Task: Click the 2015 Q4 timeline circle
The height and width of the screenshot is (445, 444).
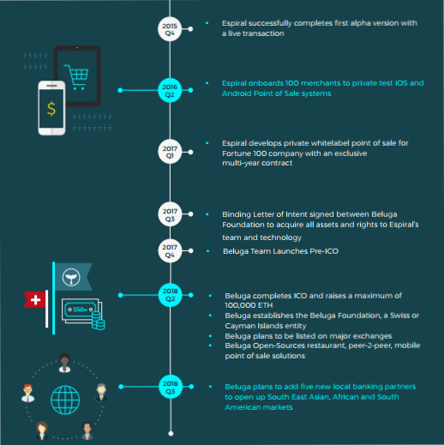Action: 170,29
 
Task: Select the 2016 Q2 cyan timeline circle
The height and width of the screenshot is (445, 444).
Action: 170,90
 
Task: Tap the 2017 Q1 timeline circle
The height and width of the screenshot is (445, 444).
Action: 170,152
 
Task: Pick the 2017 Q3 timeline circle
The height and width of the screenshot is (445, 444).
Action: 170,214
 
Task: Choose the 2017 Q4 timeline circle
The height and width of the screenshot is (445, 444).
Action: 170,250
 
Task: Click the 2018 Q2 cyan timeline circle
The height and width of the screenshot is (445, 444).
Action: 171,295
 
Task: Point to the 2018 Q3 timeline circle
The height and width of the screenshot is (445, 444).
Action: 171,387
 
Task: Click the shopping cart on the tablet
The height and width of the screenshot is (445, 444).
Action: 76,77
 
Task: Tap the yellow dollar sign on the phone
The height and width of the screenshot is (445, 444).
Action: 51,109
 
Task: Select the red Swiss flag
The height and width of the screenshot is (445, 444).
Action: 34,299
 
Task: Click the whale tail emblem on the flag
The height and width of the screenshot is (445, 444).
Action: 71,277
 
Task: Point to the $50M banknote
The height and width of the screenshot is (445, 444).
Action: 81,310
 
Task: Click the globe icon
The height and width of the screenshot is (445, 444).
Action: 65,400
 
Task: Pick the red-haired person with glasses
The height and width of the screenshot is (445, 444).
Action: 27,393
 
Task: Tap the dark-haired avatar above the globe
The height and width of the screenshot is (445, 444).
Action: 64,363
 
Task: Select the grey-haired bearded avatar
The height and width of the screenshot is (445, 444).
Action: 101,392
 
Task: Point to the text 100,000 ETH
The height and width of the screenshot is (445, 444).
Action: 249,305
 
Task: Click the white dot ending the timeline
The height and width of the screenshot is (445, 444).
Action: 171,434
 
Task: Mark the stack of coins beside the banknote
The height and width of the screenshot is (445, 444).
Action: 98,321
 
